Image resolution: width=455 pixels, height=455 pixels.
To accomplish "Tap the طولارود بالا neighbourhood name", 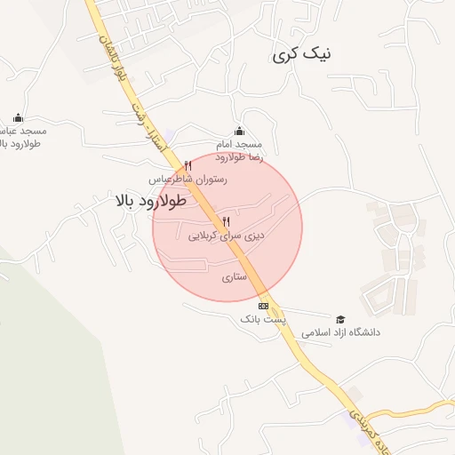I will coord(150,201).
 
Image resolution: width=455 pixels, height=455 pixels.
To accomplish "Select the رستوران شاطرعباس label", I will coord(188,179).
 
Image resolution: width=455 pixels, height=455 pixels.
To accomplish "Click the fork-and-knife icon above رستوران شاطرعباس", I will coord(188,165).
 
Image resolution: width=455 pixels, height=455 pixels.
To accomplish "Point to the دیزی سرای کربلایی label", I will coord(227,236).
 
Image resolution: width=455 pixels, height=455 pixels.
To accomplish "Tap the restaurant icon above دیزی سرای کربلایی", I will coord(227,221).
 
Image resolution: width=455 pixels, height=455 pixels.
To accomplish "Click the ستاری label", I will coord(233,276).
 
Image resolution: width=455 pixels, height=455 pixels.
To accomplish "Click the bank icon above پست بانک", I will coord(262,305).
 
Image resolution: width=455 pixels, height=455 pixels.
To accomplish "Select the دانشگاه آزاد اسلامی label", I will coord(340,332).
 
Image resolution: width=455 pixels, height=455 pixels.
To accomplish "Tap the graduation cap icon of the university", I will coord(340,318).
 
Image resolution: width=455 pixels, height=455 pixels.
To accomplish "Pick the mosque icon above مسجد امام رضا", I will coord(238,130).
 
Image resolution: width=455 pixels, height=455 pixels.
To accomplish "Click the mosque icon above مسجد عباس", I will coord(18,117).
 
